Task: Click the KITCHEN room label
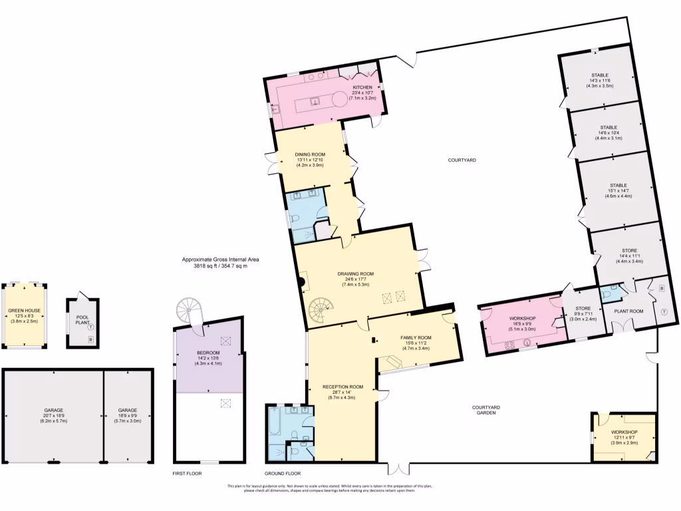[362, 88]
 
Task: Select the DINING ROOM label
[309, 154]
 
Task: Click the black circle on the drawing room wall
[301, 282]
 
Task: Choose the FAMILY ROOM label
[416, 337]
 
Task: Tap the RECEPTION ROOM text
[342, 387]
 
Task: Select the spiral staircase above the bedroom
[190, 310]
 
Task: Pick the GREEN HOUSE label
[25, 311]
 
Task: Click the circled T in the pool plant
[90, 327]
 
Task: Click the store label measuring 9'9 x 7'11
[582, 308]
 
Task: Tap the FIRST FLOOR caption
[187, 473]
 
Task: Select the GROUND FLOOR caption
[283, 473]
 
